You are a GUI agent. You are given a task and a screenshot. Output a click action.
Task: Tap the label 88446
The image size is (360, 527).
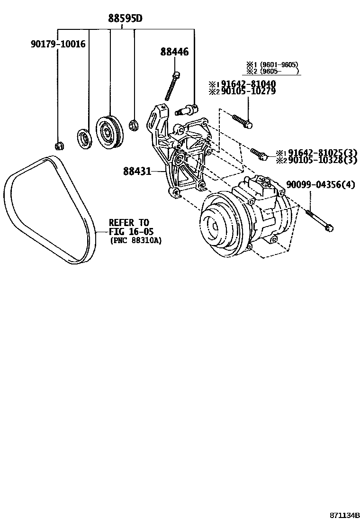pos(174,52)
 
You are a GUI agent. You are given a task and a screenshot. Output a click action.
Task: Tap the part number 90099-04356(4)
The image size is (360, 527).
pos(320,184)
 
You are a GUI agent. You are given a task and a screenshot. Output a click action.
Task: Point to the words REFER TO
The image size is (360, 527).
pos(129,223)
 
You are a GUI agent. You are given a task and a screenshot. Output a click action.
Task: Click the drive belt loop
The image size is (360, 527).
pos(47,209)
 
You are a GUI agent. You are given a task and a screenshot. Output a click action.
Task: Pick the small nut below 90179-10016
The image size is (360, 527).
pos(59,145)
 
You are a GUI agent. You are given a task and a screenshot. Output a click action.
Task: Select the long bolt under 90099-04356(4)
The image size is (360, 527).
pos(318,219)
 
